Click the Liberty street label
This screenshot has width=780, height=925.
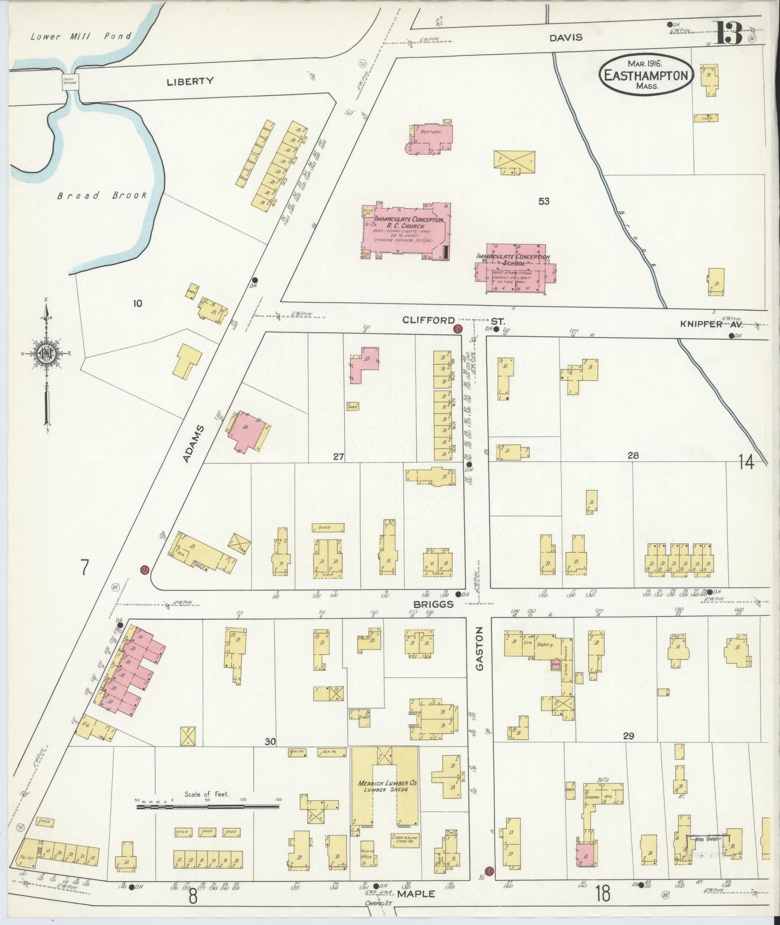pos(190,81)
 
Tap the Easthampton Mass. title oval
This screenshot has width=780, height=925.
pos(646,75)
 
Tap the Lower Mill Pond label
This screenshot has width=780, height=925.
pos(80,36)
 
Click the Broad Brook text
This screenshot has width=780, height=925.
pos(102,196)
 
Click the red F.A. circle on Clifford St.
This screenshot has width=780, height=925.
pos(457,329)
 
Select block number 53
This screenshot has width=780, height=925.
pos(544,201)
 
